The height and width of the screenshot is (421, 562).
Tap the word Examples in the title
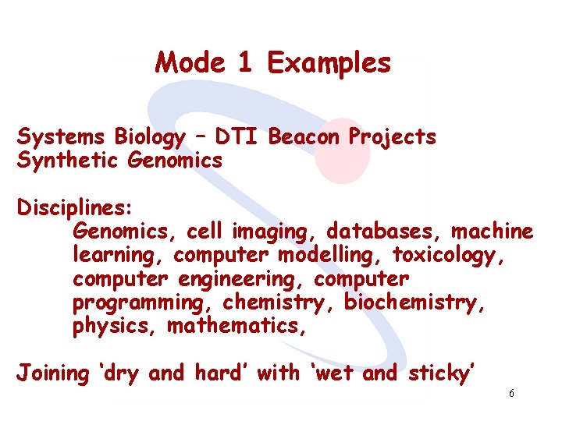329,63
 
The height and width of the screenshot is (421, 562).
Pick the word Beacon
304,137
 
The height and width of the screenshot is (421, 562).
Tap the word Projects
392,138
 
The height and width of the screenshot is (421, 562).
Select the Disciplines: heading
75,209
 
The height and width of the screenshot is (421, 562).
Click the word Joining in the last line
54,373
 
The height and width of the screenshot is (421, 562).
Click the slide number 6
510,394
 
